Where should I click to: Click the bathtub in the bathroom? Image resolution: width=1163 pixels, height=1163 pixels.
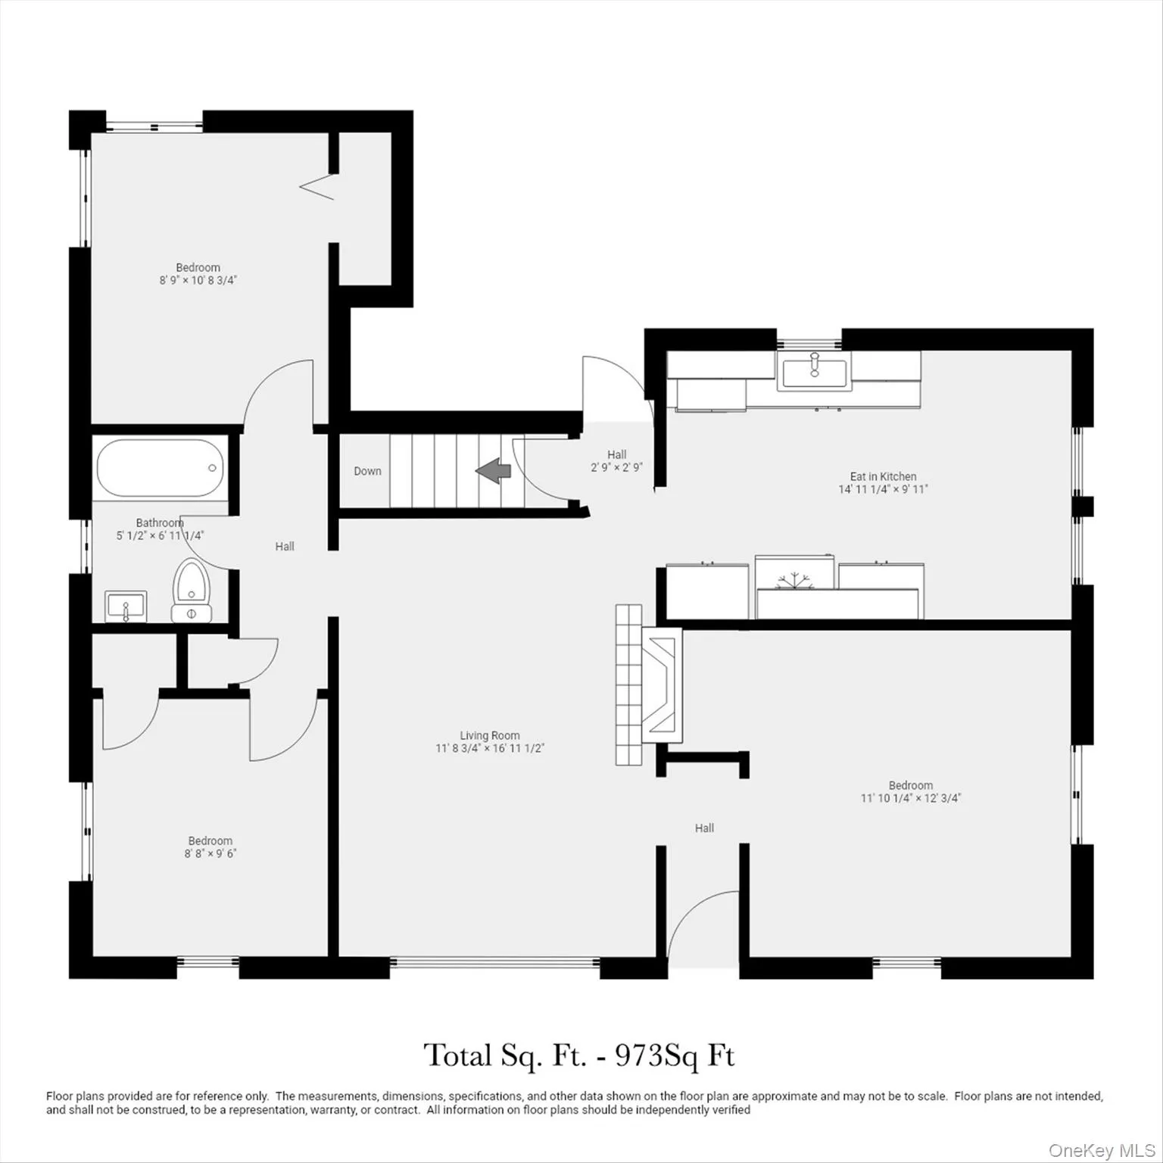tap(160, 468)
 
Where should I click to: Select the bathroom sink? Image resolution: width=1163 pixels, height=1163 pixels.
tap(126, 606)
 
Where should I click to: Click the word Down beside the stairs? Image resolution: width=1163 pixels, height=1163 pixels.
tap(367, 471)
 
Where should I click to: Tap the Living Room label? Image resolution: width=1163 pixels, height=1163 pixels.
tap(490, 735)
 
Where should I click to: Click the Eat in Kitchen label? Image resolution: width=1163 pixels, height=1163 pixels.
tap(883, 476)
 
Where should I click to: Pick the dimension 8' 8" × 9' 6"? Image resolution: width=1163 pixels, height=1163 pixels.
tap(210, 853)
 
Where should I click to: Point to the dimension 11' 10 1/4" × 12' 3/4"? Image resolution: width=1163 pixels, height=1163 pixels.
tap(910, 798)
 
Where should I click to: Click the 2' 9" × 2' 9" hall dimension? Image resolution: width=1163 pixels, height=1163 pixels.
tap(616, 467)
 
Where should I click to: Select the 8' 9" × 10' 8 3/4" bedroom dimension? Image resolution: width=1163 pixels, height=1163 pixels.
tap(198, 280)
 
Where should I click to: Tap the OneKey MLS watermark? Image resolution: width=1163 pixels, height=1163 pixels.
tap(1102, 1151)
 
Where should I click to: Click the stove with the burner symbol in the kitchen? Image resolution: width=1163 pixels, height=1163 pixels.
tap(794, 580)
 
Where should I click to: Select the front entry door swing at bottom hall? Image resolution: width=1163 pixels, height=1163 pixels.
tap(700, 924)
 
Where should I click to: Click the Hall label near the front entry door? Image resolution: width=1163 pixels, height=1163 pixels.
tap(704, 828)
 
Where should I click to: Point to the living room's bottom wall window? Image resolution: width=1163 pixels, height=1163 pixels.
tap(495, 963)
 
